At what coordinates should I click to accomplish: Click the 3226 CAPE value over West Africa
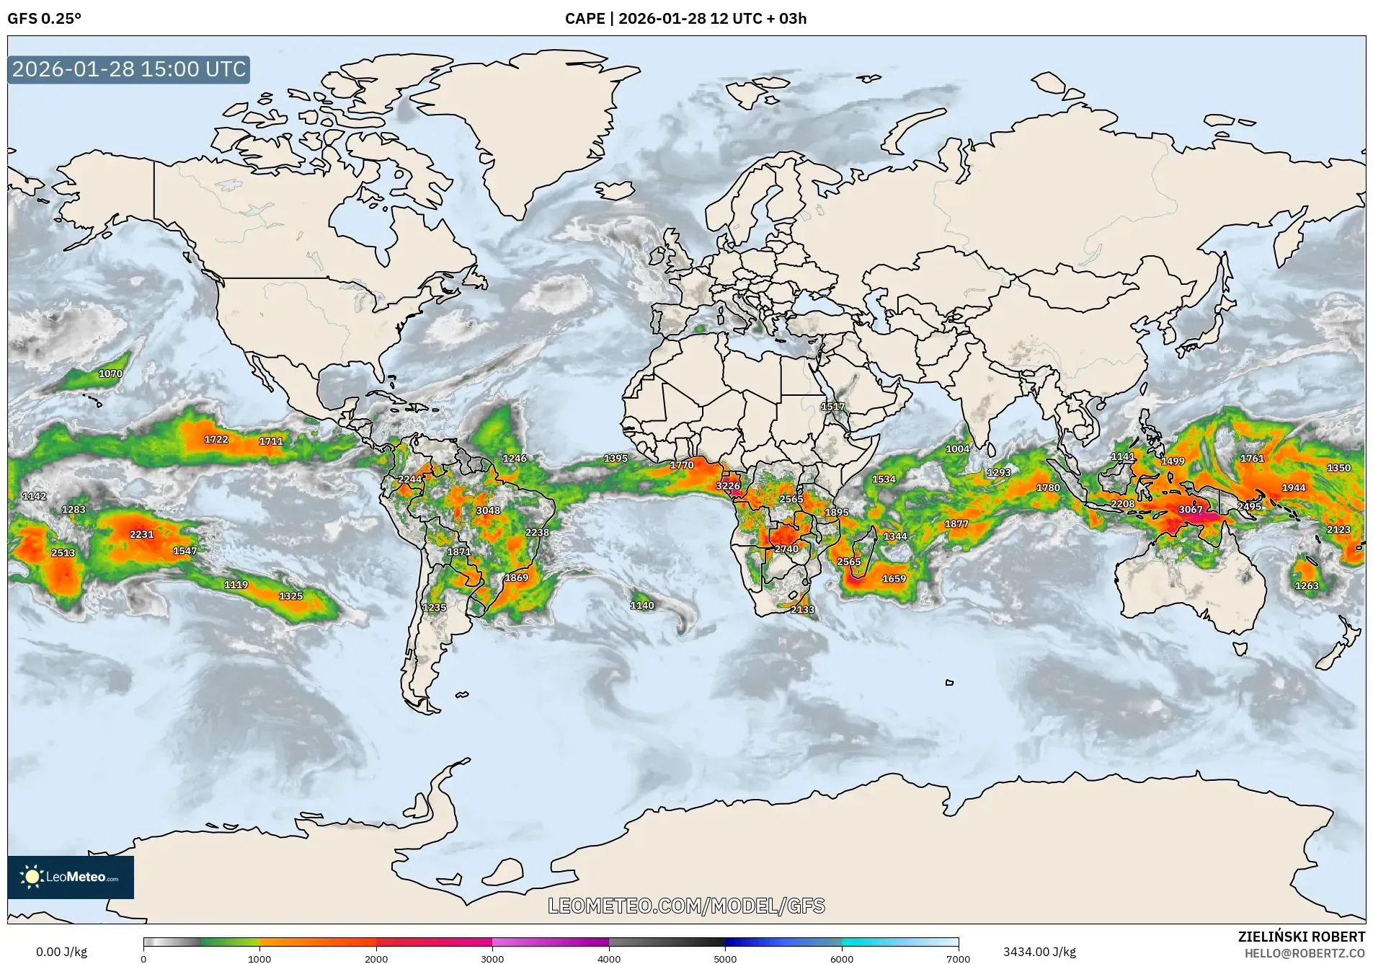[728, 485]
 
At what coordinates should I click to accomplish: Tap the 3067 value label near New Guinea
[1190, 509]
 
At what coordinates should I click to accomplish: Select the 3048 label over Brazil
[488, 510]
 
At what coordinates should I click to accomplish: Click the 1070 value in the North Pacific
[110, 373]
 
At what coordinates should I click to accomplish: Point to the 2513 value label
[63, 552]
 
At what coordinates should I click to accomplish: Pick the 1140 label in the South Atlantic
[641, 605]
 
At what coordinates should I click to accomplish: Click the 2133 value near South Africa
[802, 609]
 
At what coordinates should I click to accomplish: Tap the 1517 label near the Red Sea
[832, 407]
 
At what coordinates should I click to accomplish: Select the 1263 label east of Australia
[1306, 585]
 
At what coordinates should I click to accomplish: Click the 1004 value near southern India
[957, 448]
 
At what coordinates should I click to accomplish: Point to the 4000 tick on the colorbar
[609, 958]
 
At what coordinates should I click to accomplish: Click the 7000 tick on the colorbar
[958, 958]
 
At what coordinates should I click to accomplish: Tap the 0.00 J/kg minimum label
[61, 952]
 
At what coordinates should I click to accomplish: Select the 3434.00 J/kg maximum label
[1039, 952]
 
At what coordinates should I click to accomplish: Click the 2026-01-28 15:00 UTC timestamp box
[129, 69]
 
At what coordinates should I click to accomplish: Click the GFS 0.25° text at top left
[44, 19]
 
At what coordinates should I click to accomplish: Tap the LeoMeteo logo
[71, 877]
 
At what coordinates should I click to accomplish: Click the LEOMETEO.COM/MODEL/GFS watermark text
[686, 906]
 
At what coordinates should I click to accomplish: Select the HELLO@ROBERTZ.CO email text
[1304, 953]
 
